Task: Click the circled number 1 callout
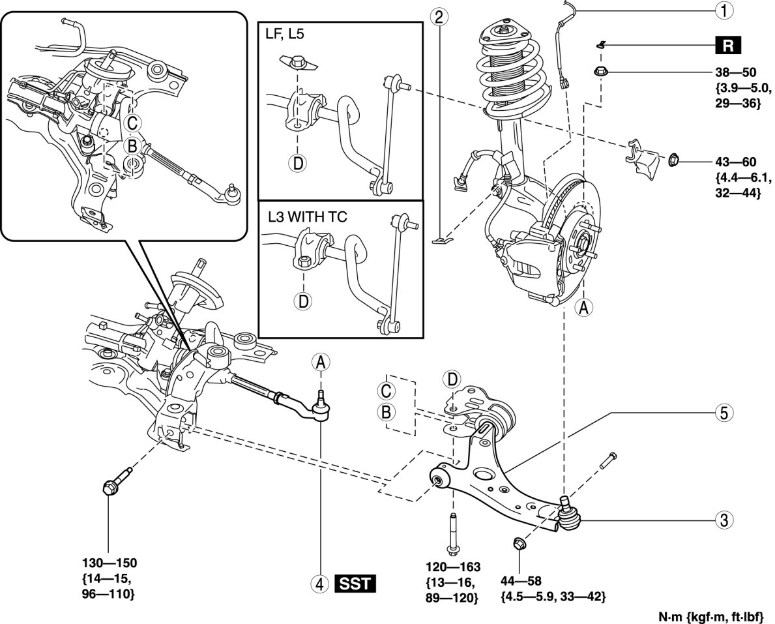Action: coord(724,10)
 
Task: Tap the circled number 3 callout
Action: coord(724,520)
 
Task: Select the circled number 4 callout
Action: coord(320,584)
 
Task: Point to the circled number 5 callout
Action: coord(724,412)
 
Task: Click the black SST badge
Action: coord(355,584)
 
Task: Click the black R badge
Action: coord(728,46)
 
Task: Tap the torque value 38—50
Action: coord(735,72)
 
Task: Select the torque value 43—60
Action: coord(735,162)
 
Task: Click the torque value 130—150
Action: coord(110,563)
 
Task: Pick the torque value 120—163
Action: coord(453,567)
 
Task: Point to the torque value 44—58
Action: coord(521,580)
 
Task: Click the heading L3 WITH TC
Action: coord(308,216)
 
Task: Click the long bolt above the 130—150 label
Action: coord(117,480)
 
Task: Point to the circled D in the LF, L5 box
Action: coord(297,162)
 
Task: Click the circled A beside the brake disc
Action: coord(584,308)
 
